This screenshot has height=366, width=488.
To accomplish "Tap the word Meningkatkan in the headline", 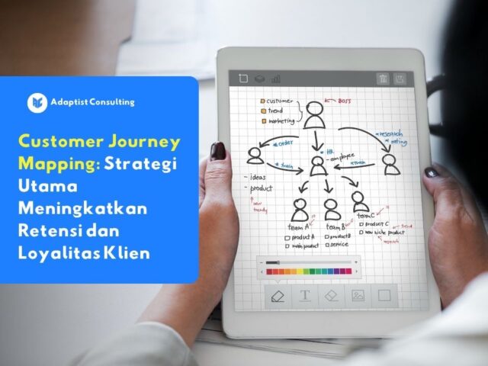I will pyautogui.click(x=84, y=208).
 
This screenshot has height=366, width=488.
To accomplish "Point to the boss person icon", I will pyautogui.click(x=315, y=115).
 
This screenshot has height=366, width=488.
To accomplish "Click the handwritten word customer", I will pyautogui.click(x=281, y=101).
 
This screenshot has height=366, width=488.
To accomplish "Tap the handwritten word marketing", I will pyautogui.click(x=281, y=120).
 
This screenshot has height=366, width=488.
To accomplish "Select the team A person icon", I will pyautogui.click(x=300, y=208).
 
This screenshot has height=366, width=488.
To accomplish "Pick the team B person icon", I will pyautogui.click(x=332, y=208).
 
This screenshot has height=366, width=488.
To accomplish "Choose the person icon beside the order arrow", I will pyautogui.click(x=255, y=155).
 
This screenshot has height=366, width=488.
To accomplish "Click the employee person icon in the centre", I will pyautogui.click(x=319, y=165).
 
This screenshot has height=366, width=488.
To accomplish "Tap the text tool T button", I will pyautogui.click(x=305, y=295).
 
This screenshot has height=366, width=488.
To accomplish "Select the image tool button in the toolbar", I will pyautogui.click(x=358, y=295).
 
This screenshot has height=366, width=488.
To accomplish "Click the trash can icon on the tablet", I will pyautogui.click(x=382, y=79).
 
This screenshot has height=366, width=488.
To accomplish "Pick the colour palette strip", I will pyautogui.click(x=309, y=271).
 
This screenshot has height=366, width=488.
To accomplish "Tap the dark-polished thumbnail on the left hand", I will pyautogui.click(x=218, y=151).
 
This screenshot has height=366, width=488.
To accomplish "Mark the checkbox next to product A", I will pyautogui.click(x=287, y=237).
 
